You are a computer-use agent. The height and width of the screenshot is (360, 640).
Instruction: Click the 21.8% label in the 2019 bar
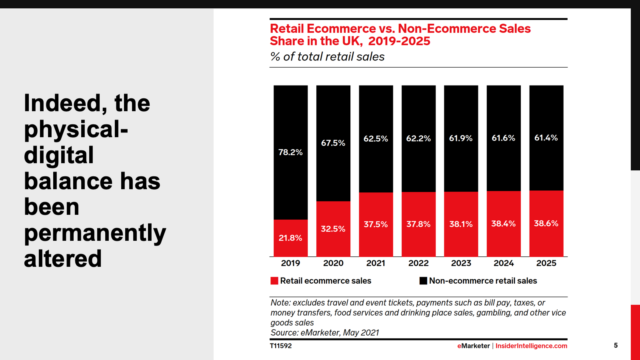click(290, 238)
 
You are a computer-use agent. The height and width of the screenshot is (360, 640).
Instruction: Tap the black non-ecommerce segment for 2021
click(376, 168)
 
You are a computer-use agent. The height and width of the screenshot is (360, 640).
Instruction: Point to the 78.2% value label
click(290, 152)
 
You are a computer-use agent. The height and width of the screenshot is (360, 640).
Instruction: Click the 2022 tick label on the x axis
click(418, 263)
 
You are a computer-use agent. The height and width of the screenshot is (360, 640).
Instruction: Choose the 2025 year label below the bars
click(546, 263)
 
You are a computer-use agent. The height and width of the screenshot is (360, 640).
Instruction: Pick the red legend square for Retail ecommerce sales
click(274, 281)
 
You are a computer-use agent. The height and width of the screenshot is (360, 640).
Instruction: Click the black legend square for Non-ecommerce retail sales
click(423, 281)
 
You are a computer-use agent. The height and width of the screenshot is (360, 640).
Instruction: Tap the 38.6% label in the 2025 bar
click(546, 224)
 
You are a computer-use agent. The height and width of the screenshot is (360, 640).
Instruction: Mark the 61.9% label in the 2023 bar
click(461, 138)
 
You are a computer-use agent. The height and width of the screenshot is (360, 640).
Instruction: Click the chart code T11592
click(281, 346)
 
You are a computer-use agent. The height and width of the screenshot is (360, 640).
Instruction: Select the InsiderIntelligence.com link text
click(531, 346)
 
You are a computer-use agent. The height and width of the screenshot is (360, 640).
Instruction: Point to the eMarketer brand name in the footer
click(474, 346)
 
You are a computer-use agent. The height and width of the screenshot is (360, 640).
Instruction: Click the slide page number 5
click(616, 346)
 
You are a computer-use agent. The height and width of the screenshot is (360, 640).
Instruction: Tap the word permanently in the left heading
click(95, 233)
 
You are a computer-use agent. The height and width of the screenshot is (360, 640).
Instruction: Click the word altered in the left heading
click(63, 259)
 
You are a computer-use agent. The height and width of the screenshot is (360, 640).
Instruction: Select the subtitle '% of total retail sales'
click(327, 57)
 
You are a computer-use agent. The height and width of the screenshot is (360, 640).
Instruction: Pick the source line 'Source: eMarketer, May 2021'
click(325, 333)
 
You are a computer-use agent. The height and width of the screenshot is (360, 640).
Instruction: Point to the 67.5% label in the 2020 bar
click(333, 143)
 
